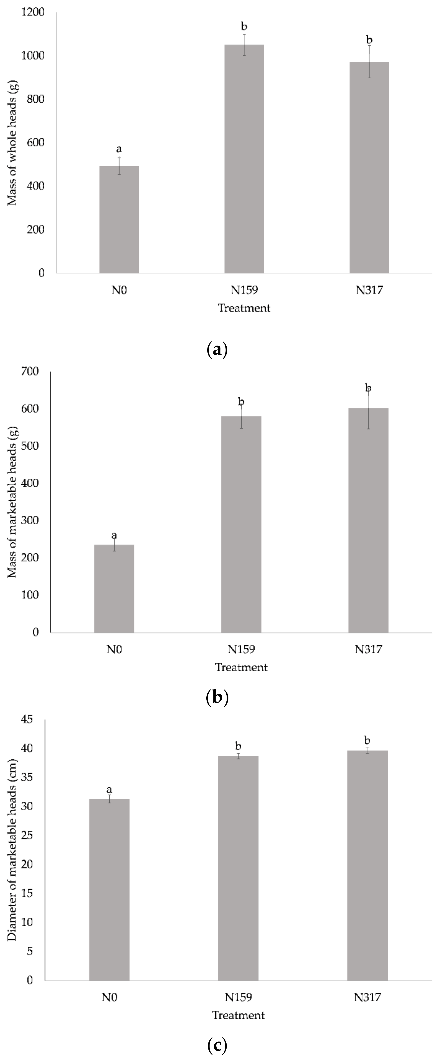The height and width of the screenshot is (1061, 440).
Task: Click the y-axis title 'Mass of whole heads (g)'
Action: point(12,142)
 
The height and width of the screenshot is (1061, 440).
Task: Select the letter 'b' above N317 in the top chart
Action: point(369,40)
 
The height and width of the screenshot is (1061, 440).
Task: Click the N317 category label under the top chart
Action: point(369,290)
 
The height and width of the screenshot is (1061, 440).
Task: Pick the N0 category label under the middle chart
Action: point(114,649)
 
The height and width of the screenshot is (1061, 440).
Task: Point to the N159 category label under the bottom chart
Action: point(238,997)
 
